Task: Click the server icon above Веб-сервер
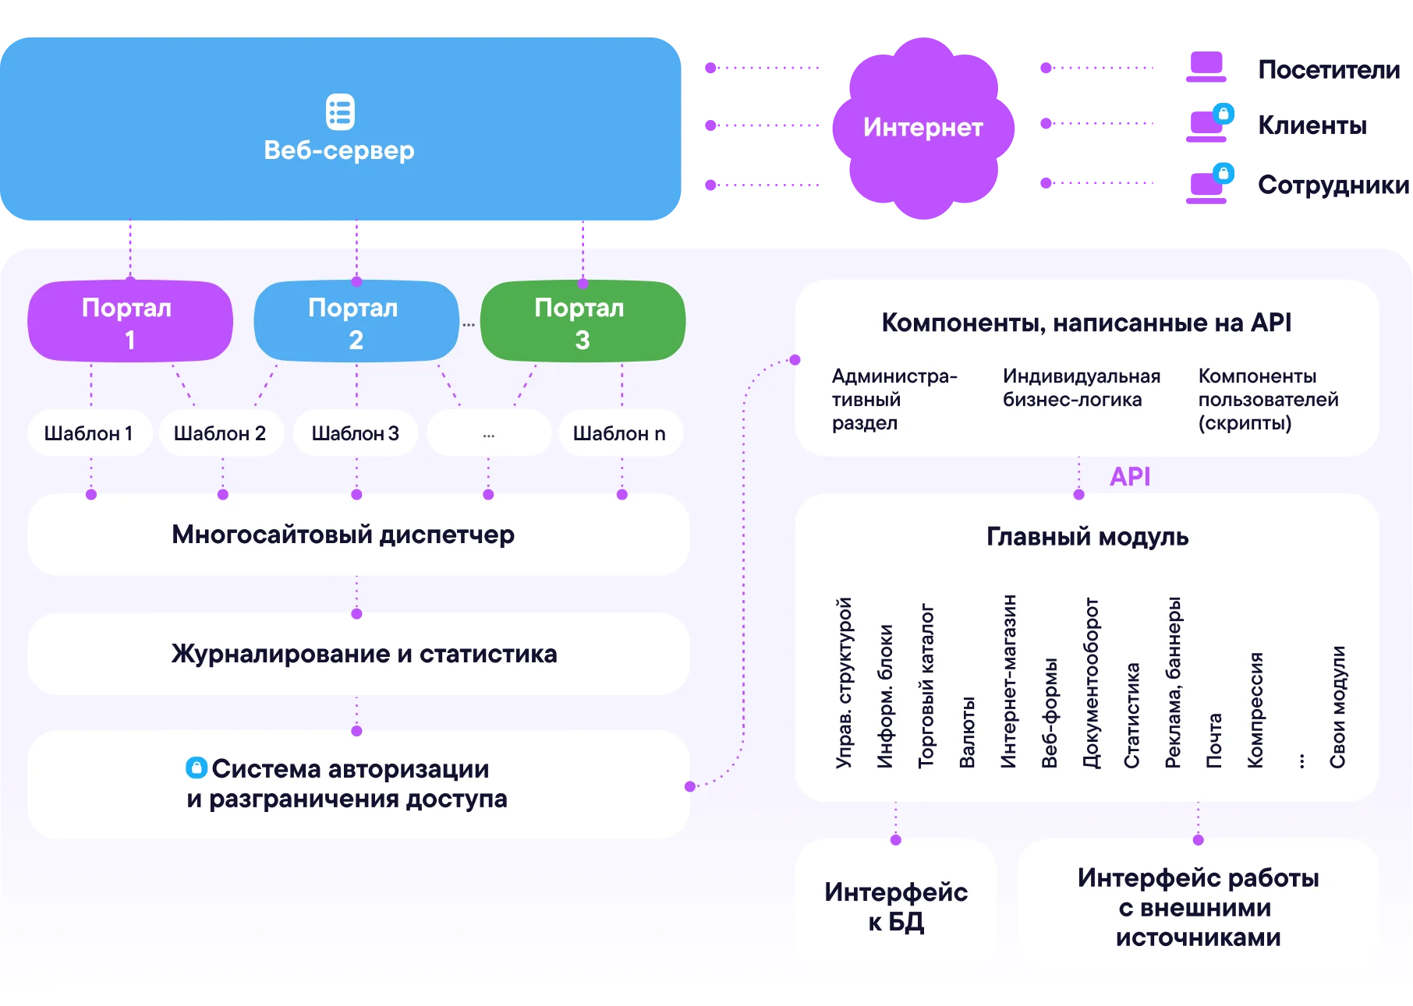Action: click(340, 112)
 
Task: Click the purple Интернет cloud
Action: click(923, 128)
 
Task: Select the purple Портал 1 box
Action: click(129, 322)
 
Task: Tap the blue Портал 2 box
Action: click(356, 322)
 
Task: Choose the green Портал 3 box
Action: click(583, 322)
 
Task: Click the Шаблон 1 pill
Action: click(89, 433)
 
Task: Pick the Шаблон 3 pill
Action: click(356, 433)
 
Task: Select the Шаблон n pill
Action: click(620, 433)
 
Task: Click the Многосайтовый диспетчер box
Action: click(358, 535)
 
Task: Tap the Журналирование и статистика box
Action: click(358, 654)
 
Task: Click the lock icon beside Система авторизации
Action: click(197, 768)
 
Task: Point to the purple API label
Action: click(1130, 476)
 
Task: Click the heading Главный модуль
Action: click(1087, 537)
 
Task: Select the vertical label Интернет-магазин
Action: click(1008, 681)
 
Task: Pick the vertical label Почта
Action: click(1214, 740)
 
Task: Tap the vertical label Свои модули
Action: click(1337, 707)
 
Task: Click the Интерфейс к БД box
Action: click(896, 906)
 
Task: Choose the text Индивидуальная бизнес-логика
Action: click(1082, 388)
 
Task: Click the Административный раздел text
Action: click(894, 400)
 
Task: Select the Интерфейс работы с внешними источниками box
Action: click(1198, 907)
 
